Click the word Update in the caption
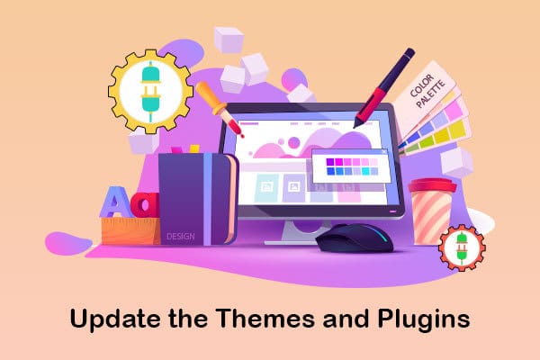[x=114, y=319]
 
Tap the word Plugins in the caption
[x=424, y=319]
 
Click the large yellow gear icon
[x=150, y=92]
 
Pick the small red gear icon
[x=462, y=247]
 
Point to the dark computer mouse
[x=355, y=238]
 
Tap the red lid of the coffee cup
[x=433, y=185]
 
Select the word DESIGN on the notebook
[x=181, y=237]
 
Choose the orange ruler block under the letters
[x=131, y=230]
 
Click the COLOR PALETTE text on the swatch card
[x=427, y=91]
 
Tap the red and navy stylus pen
[x=384, y=88]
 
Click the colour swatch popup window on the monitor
[x=351, y=166]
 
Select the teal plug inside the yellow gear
[x=150, y=92]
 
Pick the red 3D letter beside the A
[x=146, y=204]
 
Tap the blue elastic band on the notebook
[x=208, y=199]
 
